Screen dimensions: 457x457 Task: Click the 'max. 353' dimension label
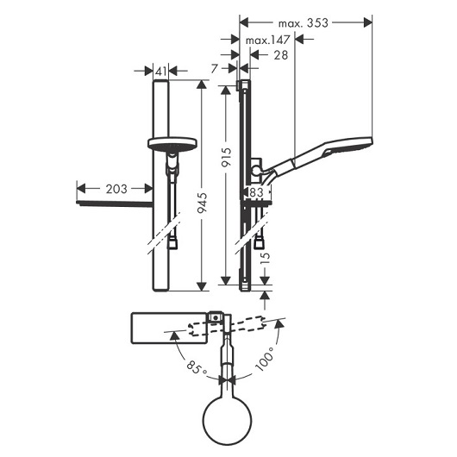(304, 23)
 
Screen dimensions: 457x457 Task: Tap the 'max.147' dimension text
(268, 40)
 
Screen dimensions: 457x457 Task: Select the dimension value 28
(281, 55)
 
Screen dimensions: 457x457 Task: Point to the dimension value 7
(215, 68)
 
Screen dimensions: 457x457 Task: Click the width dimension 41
(161, 71)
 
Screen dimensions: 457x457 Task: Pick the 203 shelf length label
(116, 189)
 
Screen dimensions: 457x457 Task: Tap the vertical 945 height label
(202, 203)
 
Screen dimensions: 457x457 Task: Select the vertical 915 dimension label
(227, 157)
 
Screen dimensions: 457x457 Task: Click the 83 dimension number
(257, 192)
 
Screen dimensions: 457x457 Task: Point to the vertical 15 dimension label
(265, 258)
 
